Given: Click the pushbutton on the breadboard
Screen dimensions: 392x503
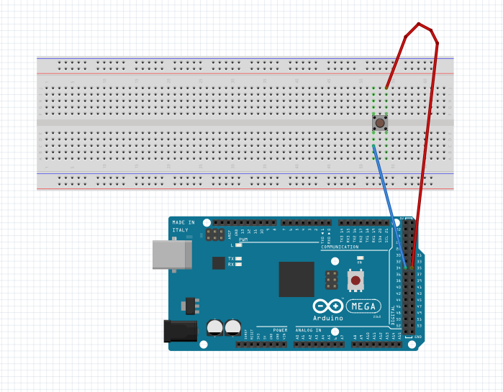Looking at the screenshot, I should coord(380,124).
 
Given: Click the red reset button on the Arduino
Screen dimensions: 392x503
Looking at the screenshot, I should coord(355,279).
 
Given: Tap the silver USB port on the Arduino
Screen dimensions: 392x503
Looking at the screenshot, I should coord(172,255).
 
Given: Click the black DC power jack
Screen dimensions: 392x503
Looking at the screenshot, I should coord(180,330).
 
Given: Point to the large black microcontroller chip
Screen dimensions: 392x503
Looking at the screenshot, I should coord(296,279).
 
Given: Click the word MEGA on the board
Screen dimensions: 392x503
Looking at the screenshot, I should coord(364,306).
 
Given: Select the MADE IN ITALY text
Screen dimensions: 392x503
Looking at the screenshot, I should coord(183,227).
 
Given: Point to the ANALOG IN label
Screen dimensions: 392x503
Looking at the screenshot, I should coord(309,329).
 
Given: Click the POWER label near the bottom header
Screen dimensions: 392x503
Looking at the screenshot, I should coord(280,329).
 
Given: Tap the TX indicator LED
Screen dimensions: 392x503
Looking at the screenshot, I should coord(238,258).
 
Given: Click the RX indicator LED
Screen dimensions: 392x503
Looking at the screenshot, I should coord(238,265).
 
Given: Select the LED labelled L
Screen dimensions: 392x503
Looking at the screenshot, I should coord(238,245).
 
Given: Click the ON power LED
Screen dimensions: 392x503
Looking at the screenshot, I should coord(359,259).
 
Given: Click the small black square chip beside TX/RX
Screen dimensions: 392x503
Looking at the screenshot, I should coord(219,263).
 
